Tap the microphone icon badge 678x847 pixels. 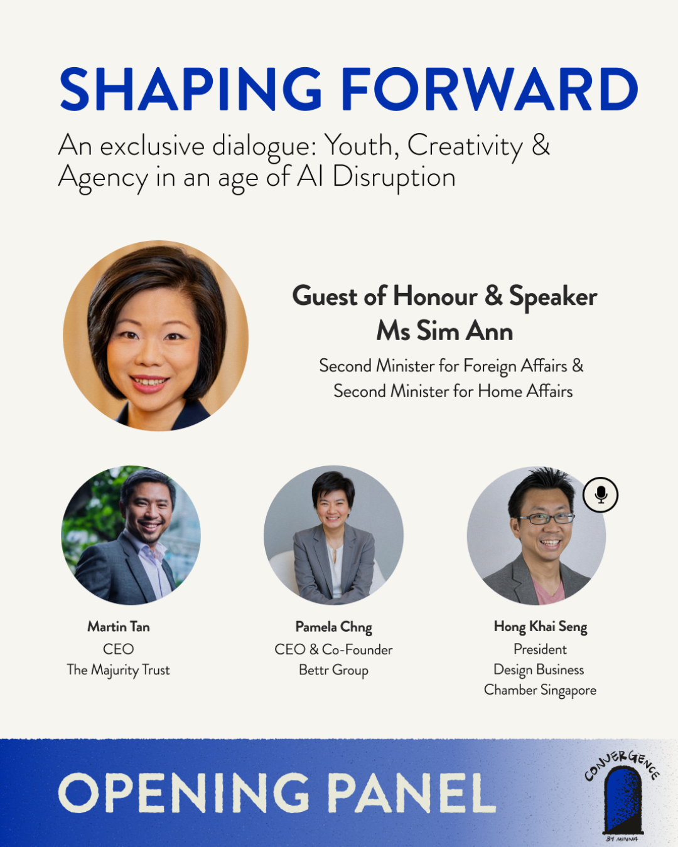click(600, 495)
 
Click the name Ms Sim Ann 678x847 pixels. click(444, 331)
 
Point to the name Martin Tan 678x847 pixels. click(119, 627)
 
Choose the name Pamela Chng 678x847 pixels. click(334, 627)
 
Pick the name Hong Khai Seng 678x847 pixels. click(541, 627)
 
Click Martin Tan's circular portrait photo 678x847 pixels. click(131, 535)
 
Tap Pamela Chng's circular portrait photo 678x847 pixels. click(334, 535)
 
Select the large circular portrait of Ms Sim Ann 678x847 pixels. click(156, 336)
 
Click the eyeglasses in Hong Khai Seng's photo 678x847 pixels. click(547, 518)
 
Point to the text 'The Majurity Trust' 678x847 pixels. click(118, 670)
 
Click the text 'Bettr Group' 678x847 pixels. click(334, 670)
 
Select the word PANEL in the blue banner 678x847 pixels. click(412, 792)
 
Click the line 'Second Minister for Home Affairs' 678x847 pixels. click(453, 392)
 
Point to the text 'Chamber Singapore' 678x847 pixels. click(540, 690)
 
